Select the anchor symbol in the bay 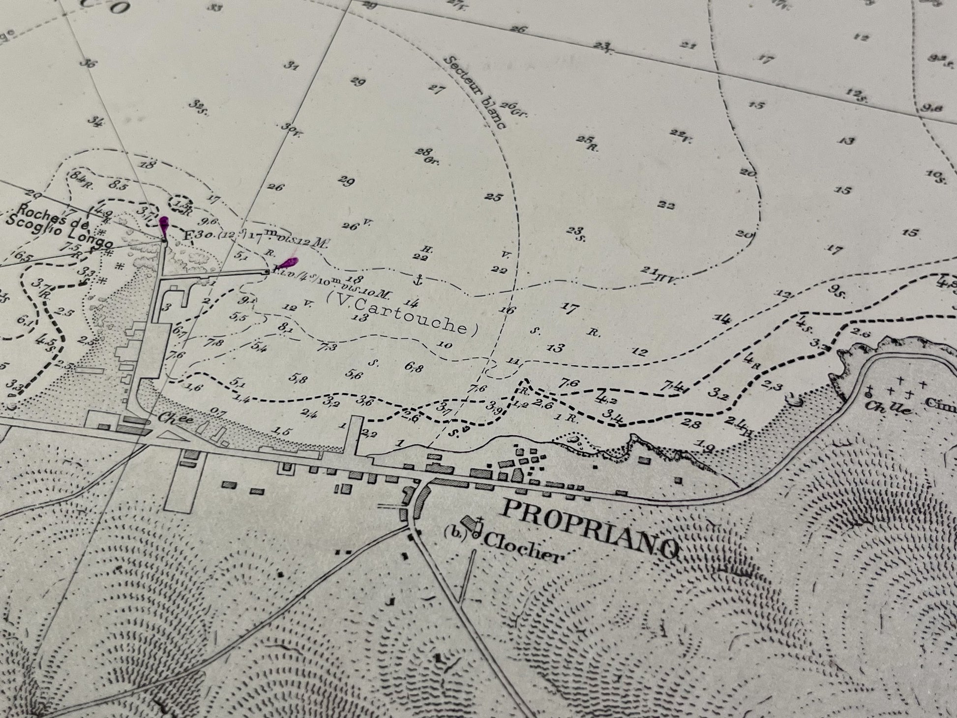(419, 280)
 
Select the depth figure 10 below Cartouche (444, 345)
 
